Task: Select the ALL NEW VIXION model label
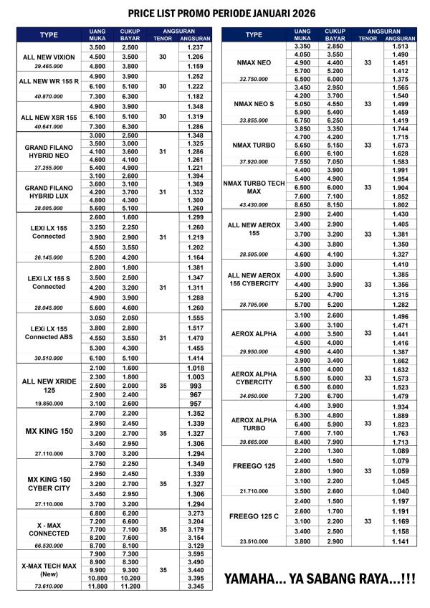coord(49,56)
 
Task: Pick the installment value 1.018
coord(195,368)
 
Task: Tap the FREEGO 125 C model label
coord(254,516)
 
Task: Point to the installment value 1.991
coord(400,170)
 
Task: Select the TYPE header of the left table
coord(49,34)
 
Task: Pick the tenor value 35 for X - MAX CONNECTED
coord(162,529)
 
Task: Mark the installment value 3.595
coord(195,554)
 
